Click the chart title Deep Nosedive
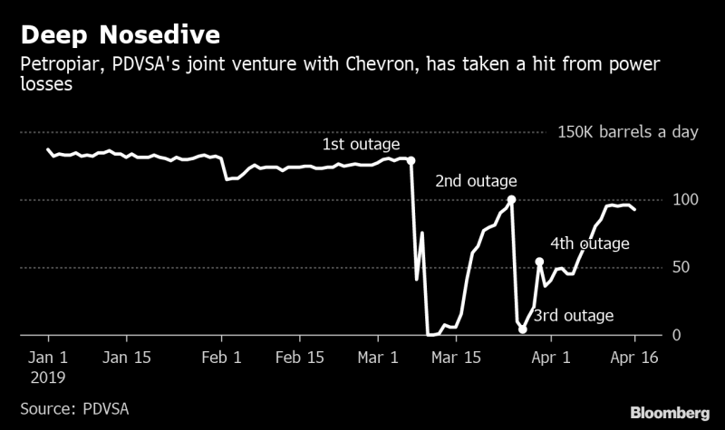pyautogui.click(x=121, y=36)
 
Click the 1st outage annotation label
pyautogui.click(x=361, y=145)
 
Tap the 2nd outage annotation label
pyautogui.click(x=476, y=181)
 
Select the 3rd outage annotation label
pyautogui.click(x=574, y=316)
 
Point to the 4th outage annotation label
pyautogui.click(x=590, y=244)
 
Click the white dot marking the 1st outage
pyautogui.click(x=411, y=160)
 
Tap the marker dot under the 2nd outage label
pyautogui.click(x=512, y=199)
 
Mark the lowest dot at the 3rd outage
pyautogui.click(x=523, y=330)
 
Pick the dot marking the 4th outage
pyautogui.click(x=540, y=262)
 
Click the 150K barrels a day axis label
pyautogui.click(x=628, y=132)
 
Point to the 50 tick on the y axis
pyautogui.click(x=688, y=267)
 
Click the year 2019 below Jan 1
pyautogui.click(x=47, y=375)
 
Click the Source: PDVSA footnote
pyautogui.click(x=74, y=408)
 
